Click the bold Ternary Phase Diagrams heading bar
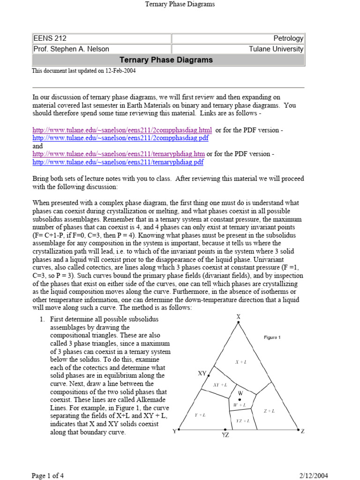click(x=166, y=60)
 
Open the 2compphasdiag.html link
click(x=122, y=130)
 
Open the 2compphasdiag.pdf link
click(x=120, y=138)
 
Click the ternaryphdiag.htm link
click(x=119, y=154)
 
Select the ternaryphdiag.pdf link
click(x=118, y=162)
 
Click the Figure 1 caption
click(x=272, y=337)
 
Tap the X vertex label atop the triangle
click(x=238, y=317)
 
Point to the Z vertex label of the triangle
click(x=303, y=431)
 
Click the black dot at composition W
click(x=240, y=399)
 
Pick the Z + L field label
click(x=269, y=411)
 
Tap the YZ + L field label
click(x=243, y=420)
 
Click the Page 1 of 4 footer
click(x=48, y=476)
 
